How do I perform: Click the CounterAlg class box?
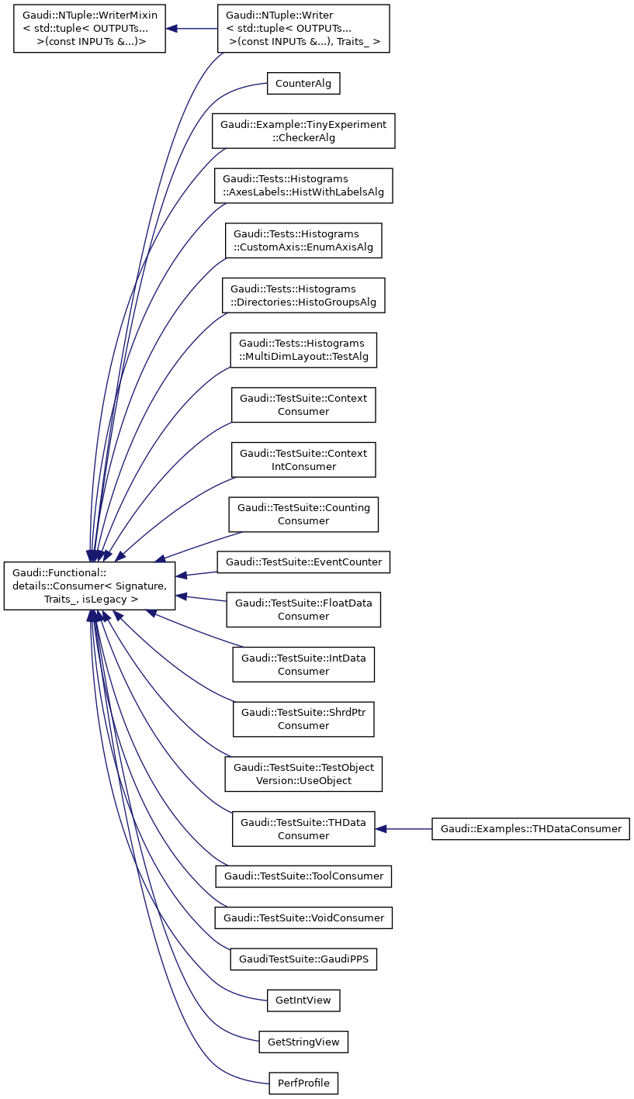(x=303, y=84)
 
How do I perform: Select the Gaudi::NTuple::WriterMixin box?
(x=90, y=29)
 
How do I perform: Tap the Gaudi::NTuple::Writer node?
(x=303, y=29)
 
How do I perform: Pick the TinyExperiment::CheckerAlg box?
(x=304, y=131)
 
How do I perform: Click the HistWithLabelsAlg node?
(x=304, y=185)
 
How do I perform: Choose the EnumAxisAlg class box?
(x=303, y=240)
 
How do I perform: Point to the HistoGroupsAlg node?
(x=303, y=295)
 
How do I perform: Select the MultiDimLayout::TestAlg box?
(x=303, y=350)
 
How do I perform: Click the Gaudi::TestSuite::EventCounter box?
(x=303, y=562)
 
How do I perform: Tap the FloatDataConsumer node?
(x=303, y=609)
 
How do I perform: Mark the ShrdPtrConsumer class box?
(x=303, y=719)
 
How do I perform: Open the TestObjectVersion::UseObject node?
(x=303, y=774)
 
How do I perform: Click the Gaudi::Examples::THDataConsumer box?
(x=531, y=828)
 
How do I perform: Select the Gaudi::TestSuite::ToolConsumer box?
(x=303, y=876)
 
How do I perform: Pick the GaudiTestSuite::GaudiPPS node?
(x=303, y=959)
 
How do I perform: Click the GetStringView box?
(x=303, y=1042)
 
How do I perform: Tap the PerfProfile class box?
(x=303, y=1083)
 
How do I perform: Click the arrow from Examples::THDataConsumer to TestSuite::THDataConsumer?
(x=404, y=828)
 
